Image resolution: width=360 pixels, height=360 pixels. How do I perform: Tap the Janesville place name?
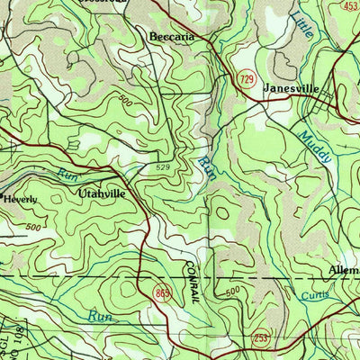coord(292,90)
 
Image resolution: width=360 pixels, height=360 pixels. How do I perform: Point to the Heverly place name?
coord(21,200)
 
